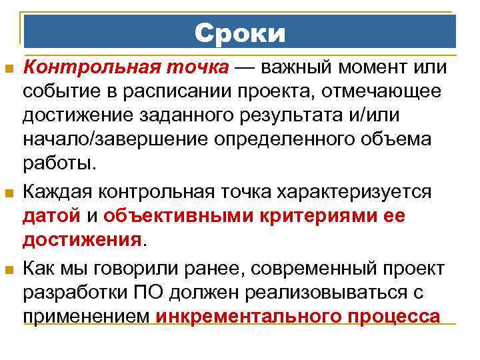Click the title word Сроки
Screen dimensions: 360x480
click(x=240, y=33)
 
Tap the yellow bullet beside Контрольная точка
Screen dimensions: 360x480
click(x=9, y=69)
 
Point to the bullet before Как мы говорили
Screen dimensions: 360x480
click(x=9, y=270)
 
